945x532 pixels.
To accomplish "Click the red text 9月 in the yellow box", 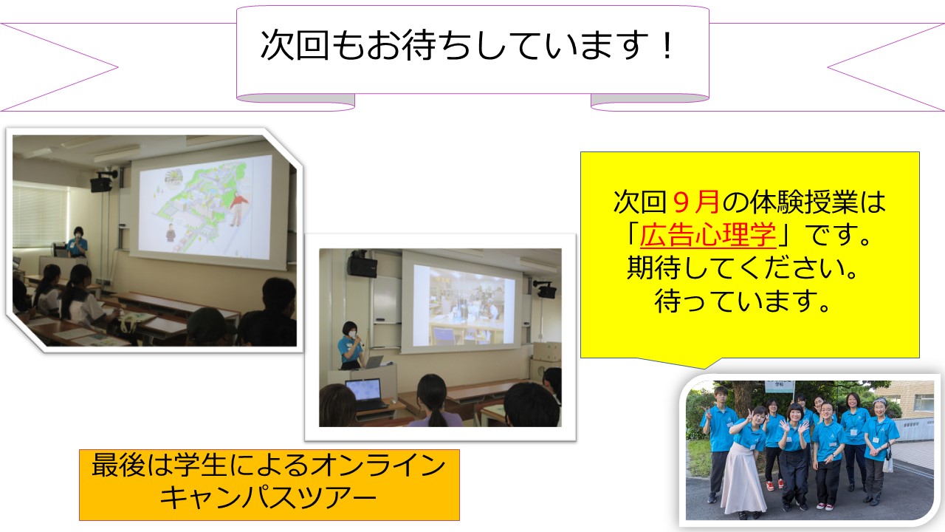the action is coord(696,202).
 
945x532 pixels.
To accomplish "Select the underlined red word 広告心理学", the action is coord(708,235).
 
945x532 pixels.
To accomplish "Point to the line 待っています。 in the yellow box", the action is coord(743,301).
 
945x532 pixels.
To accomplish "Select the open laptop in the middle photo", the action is coord(365,395).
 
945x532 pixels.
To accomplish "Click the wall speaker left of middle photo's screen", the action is coord(362,265).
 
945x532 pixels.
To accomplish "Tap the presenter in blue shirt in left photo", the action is coord(78,242).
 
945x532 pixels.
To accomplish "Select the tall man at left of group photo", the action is coord(719,443).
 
